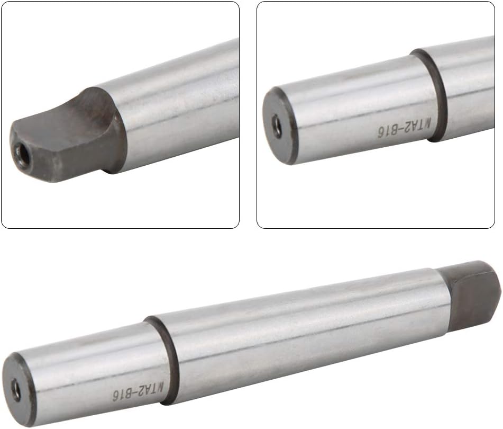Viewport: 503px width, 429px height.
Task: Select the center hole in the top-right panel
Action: tap(277, 127)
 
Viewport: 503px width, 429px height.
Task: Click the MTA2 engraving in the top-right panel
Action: tap(416, 126)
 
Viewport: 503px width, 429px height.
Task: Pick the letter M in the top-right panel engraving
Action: tap(427, 122)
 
